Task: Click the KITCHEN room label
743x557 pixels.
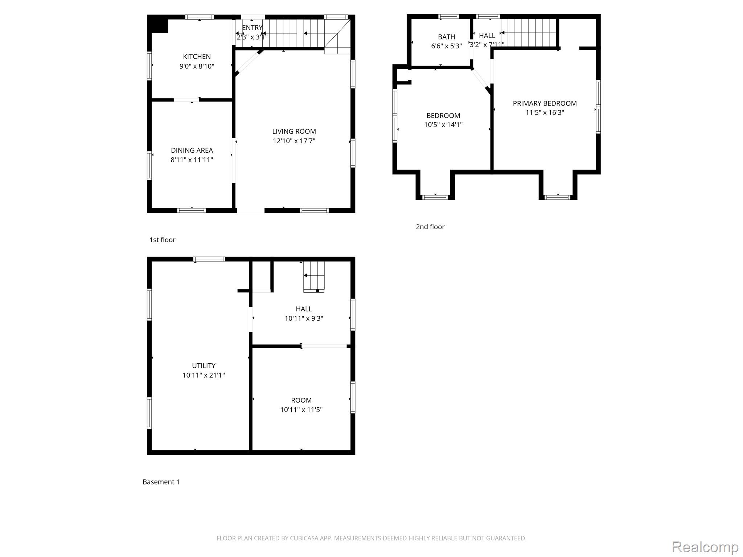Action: [x=197, y=57]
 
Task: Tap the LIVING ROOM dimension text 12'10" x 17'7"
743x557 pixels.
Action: [x=294, y=141]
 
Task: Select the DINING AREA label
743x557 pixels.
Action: [x=192, y=150]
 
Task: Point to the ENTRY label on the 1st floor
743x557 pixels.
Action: [x=252, y=28]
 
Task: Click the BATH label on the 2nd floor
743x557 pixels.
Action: [x=446, y=37]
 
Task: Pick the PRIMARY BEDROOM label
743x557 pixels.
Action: [x=545, y=103]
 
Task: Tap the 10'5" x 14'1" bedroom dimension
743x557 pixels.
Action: [x=443, y=125]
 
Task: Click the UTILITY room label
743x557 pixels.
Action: [x=204, y=366]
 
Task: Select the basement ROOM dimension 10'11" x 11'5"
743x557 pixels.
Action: [x=301, y=410]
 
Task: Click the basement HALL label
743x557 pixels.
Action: [x=304, y=309]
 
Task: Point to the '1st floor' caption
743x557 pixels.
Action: [x=162, y=240]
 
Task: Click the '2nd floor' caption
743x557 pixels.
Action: [x=430, y=227]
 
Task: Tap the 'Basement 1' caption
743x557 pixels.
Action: [x=161, y=482]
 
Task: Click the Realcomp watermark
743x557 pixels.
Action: [x=705, y=547]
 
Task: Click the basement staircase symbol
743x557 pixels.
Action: [x=314, y=276]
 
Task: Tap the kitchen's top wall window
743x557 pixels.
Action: [x=200, y=17]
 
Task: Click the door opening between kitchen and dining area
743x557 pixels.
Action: [x=186, y=100]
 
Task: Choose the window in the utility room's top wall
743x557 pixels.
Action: [x=209, y=259]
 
